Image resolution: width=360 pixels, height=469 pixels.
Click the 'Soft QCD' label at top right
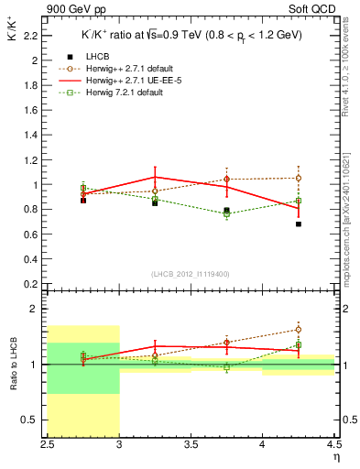[317, 8]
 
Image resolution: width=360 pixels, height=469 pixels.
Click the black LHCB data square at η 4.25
[299, 224]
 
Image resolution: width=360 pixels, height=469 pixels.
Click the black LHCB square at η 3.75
[227, 210]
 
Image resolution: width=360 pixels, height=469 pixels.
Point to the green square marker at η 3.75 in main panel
[227, 214]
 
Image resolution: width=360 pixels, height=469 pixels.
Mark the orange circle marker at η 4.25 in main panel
[299, 178]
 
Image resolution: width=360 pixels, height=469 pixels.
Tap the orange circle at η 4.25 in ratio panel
[299, 329]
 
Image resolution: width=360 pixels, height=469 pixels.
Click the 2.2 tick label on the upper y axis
[30, 36]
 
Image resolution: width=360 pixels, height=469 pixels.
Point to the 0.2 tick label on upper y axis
[30, 283]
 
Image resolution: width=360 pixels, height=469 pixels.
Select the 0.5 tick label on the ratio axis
[30, 420]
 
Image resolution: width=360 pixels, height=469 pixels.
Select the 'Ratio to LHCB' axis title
[11, 365]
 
